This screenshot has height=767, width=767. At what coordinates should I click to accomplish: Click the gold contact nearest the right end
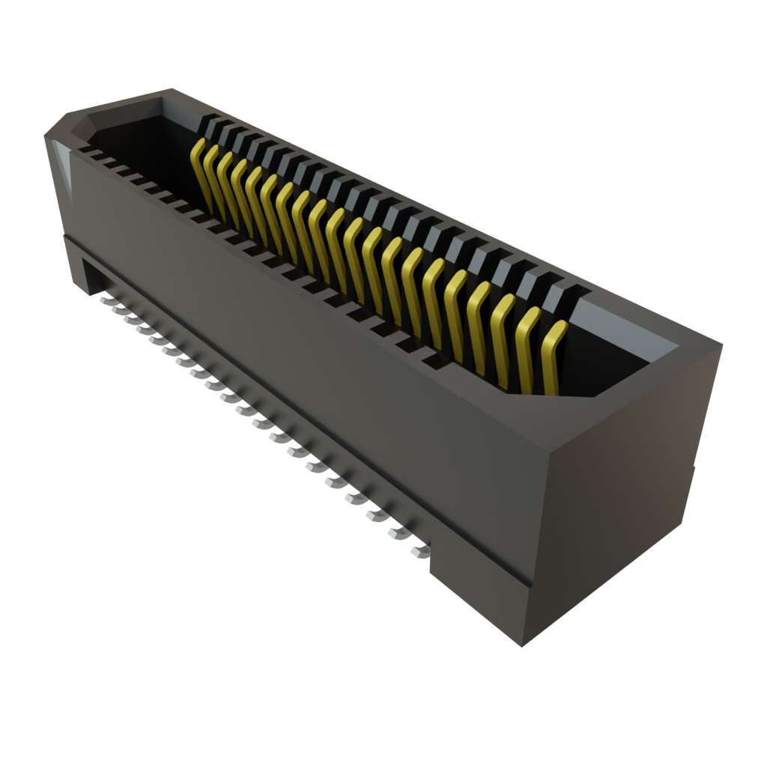click(x=552, y=360)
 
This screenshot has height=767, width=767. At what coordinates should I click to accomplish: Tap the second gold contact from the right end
click(x=527, y=348)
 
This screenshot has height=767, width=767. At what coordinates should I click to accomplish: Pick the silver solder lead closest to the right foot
click(x=419, y=552)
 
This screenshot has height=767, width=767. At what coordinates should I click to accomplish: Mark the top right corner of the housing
click(x=722, y=344)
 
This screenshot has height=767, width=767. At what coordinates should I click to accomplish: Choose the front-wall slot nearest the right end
click(x=433, y=363)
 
